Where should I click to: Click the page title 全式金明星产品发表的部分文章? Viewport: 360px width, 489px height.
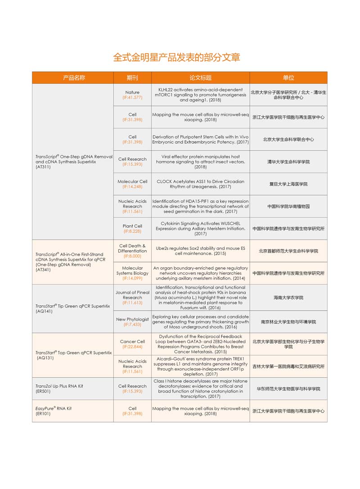pyautogui.click(x=176, y=57)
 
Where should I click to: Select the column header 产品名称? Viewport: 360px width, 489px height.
pyautogui.click(x=74, y=78)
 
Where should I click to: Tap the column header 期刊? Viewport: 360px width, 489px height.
pyautogui.click(x=132, y=78)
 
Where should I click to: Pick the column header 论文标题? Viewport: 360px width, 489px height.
pyautogui.click(x=200, y=78)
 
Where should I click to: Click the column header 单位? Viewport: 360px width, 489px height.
pyautogui.click(x=288, y=78)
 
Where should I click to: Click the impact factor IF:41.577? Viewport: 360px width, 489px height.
pyautogui.click(x=132, y=97)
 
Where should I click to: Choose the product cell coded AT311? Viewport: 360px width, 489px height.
pyautogui.click(x=73, y=162)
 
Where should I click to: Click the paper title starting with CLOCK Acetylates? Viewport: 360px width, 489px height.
pyautogui.click(x=200, y=184)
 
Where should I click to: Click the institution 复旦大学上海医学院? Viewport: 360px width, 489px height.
pyautogui.click(x=288, y=184)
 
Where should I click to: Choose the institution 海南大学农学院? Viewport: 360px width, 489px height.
pyautogui.click(x=288, y=298)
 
